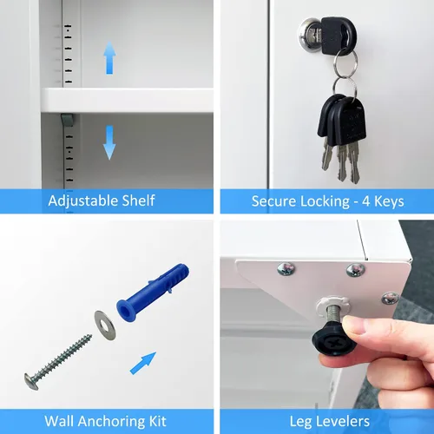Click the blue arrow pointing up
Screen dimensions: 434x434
[x=109, y=57]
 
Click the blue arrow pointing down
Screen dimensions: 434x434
[x=109, y=142]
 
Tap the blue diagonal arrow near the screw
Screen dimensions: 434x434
[x=143, y=363]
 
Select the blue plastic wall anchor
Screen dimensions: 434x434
[x=153, y=292]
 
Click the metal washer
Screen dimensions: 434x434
[x=105, y=325]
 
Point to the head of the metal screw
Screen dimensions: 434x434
[x=31, y=382]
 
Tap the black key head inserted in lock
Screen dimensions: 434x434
[x=339, y=36]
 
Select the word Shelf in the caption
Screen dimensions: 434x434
[x=138, y=201]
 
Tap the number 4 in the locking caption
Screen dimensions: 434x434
[x=365, y=201]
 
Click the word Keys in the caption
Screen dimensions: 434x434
[x=389, y=201]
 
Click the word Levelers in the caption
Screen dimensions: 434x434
[x=343, y=422]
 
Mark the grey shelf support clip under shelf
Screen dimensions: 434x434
[x=67, y=120]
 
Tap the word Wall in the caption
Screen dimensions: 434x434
[x=59, y=421]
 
